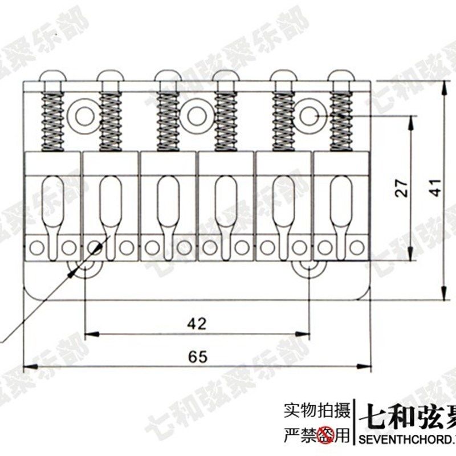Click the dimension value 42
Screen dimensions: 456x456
pyautogui.click(x=197, y=324)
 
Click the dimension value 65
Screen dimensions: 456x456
pyautogui.click(x=197, y=357)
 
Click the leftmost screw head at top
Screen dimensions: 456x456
pyautogui.click(x=50, y=76)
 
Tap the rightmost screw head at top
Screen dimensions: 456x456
pyautogui.click(x=341, y=76)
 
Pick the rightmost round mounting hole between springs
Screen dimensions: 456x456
pyautogui.click(x=311, y=115)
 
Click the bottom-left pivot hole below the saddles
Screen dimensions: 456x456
pyautogui.click(x=84, y=268)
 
